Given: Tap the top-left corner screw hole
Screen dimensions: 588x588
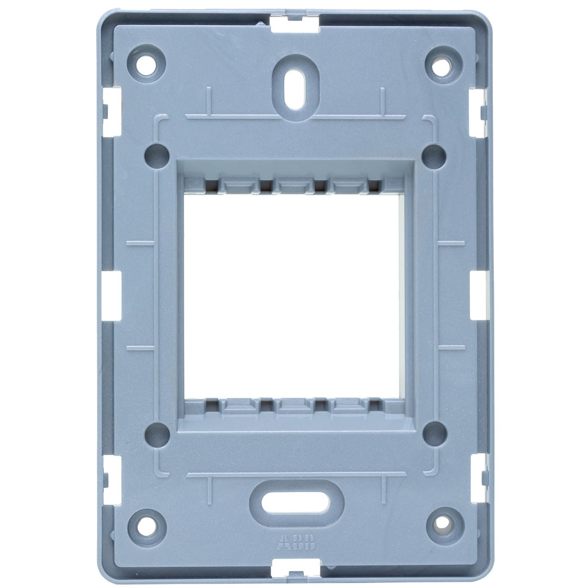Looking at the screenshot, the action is click(146, 64).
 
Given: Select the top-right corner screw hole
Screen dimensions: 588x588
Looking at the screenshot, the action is click(441, 64).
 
